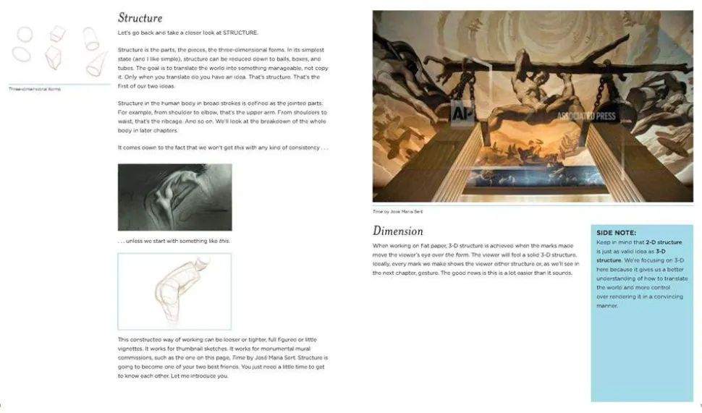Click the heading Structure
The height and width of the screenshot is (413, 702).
point(140,17)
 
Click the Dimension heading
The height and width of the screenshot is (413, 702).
point(397,231)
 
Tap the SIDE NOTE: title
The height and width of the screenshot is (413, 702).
point(616,232)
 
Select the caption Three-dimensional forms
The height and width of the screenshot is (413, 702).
point(35,89)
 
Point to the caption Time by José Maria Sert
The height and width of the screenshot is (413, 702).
point(397,211)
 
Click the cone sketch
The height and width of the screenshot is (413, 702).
point(96,63)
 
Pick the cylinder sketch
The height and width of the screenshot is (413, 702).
point(90,37)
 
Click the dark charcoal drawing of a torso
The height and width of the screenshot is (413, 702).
point(174,197)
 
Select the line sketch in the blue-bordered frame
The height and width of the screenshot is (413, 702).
point(174,291)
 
